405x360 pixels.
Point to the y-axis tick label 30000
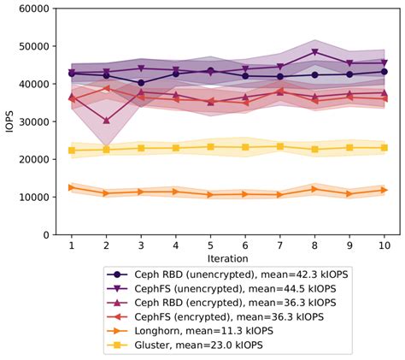pyautogui.click(x=33, y=121)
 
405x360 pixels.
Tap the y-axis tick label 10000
pyautogui.click(x=33, y=197)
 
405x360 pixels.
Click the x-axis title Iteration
pyautogui.click(x=227, y=257)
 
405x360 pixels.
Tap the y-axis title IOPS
pyautogui.click(x=9, y=121)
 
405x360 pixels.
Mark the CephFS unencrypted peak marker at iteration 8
pyautogui.click(x=314, y=52)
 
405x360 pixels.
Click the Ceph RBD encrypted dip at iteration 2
pyautogui.click(x=106, y=121)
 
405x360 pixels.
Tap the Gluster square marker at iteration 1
pyautogui.click(x=72, y=150)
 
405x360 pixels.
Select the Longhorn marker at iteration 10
pyautogui.click(x=384, y=190)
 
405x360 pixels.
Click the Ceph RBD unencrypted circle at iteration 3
pyautogui.click(x=141, y=83)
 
